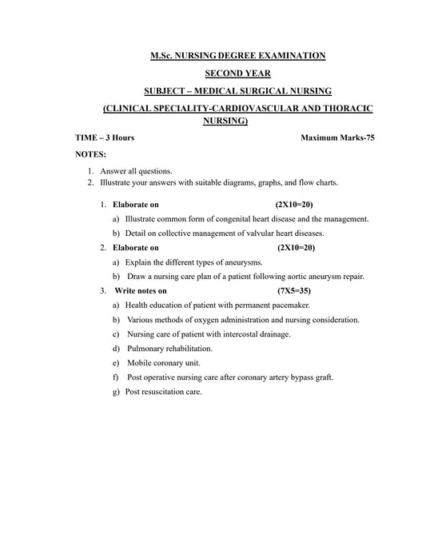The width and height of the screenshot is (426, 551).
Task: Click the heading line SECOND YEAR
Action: pos(237,73)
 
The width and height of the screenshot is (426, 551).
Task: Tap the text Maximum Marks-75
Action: pos(337,138)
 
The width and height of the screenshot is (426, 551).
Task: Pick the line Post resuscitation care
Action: pos(164,392)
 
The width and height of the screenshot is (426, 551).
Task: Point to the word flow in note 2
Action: pos(308,182)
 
